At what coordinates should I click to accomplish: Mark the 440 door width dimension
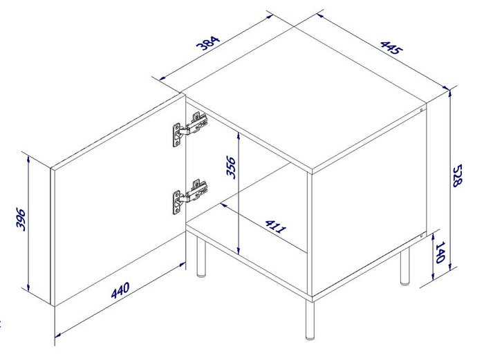(x=122, y=291)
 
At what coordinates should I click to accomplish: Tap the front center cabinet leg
(x=308, y=321)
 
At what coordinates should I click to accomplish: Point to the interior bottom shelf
(x=249, y=231)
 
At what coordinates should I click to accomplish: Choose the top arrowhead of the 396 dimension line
(x=28, y=158)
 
